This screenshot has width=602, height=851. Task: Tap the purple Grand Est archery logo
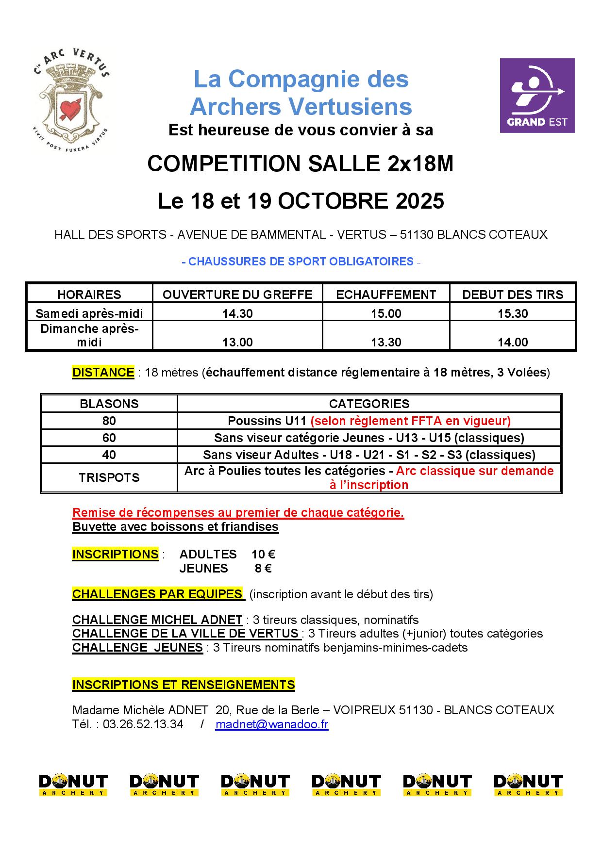[537, 96]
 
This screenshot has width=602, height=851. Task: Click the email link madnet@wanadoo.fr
[272, 724]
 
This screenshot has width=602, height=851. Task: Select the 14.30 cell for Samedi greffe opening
[237, 313]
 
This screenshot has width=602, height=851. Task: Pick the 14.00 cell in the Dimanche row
[513, 342]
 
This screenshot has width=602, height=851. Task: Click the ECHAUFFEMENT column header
[386, 295]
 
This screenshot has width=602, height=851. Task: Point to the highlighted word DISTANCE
[103, 372]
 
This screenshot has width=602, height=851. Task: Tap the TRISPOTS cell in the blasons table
[109, 477]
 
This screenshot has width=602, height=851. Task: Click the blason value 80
[109, 421]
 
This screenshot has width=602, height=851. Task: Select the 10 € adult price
[263, 554]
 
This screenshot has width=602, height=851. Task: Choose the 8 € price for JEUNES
[263, 568]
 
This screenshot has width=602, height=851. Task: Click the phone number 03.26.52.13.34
[143, 724]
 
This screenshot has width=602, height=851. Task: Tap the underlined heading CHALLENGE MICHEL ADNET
[157, 620]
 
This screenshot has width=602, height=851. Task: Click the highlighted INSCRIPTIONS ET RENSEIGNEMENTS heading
[184, 685]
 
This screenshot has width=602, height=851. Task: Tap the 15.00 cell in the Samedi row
[386, 313]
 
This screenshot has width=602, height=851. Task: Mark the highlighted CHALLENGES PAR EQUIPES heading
[158, 594]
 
